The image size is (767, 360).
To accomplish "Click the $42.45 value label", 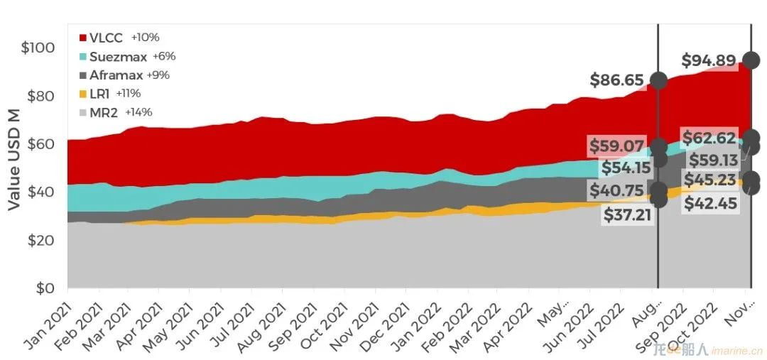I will click(x=710, y=203).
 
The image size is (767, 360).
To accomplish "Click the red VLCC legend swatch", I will click(x=82, y=38).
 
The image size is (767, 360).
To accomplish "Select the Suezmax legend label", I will click(x=118, y=57).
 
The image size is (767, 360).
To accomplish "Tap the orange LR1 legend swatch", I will click(x=82, y=94).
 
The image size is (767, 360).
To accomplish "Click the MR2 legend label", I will click(x=104, y=112).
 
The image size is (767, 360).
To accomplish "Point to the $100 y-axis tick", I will click(x=38, y=48).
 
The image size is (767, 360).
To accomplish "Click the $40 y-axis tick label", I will click(x=41, y=192).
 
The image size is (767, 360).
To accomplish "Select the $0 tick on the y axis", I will click(x=45, y=288).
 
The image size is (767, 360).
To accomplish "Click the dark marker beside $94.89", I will click(x=751, y=60).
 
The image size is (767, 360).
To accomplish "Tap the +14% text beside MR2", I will click(x=138, y=112).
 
